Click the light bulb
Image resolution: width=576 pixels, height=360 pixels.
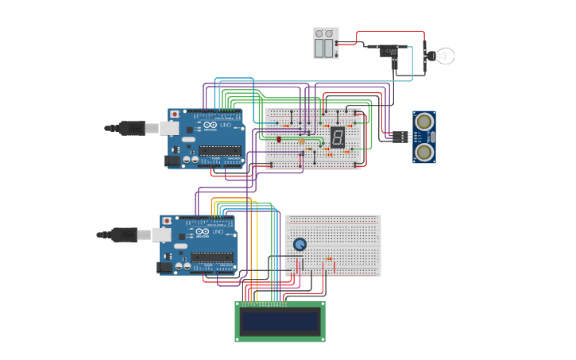(x=442, y=56)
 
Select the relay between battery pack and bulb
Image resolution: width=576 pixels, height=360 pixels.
(x=389, y=52)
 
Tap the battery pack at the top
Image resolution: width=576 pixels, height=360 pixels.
(x=326, y=44)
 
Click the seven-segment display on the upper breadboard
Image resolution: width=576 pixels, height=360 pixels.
(x=338, y=137)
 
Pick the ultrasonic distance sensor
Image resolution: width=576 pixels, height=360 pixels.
(x=424, y=137)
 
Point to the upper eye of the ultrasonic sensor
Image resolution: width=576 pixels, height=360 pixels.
(x=425, y=122)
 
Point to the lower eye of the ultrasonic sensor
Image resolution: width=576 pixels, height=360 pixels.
(x=425, y=151)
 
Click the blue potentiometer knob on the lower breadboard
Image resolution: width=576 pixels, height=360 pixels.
(x=300, y=245)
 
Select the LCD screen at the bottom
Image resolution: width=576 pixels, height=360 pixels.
(x=280, y=321)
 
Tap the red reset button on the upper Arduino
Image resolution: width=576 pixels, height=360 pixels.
(x=175, y=114)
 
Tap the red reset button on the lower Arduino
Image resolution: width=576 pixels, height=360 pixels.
(x=167, y=220)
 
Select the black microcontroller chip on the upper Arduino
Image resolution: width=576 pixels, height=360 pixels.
(x=220, y=150)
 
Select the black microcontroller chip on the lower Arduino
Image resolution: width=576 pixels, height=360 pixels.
(x=212, y=257)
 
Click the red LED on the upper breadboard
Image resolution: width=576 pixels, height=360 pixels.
(x=279, y=139)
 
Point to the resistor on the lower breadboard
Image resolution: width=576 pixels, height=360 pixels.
(x=329, y=259)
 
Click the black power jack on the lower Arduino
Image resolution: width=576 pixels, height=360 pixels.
(x=164, y=268)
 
